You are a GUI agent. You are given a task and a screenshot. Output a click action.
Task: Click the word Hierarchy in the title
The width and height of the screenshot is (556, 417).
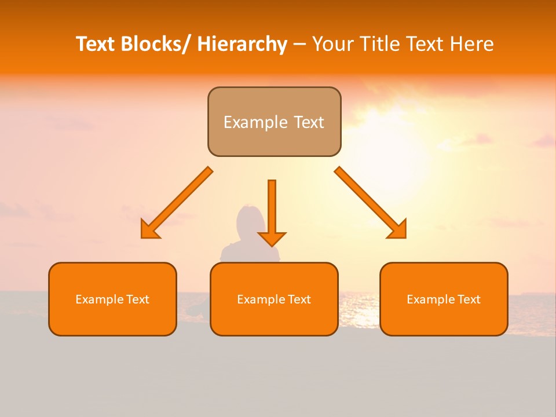[242, 44]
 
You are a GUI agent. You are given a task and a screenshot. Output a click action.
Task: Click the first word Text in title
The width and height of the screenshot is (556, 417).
[96, 44]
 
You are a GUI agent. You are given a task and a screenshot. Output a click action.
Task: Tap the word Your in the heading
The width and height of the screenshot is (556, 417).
[332, 44]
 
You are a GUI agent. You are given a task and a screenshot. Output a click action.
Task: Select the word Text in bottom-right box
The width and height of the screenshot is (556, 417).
[469, 299]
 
